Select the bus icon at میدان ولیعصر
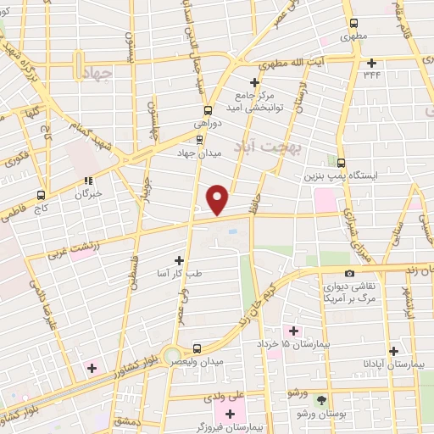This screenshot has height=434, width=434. pyautogui.click(x=196, y=348)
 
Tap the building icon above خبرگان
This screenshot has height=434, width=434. pyautogui.click(x=87, y=180)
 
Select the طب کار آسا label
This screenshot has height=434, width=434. pyautogui.click(x=179, y=274)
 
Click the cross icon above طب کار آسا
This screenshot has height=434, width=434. pyautogui.click(x=178, y=260)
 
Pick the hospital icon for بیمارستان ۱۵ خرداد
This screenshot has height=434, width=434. pyautogui.click(x=293, y=330)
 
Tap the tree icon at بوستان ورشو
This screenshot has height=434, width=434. pyautogui.click(x=320, y=399)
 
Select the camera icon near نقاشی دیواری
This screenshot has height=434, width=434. pyautogui.click(x=312, y=272)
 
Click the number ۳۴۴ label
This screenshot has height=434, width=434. pyautogui.click(x=373, y=75)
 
